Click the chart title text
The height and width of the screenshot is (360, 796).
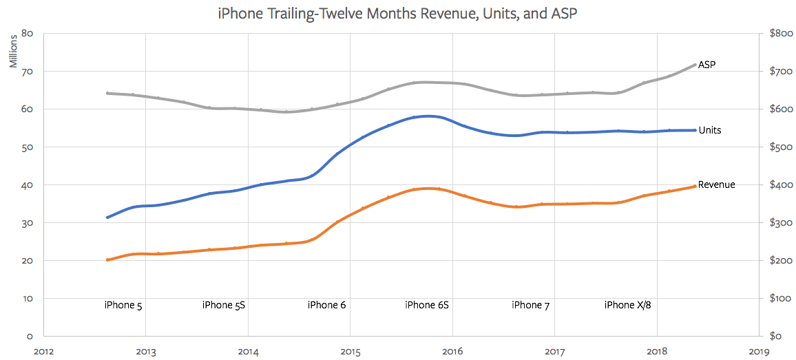[x=397, y=12]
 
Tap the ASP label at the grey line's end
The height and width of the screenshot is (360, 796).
[x=707, y=65]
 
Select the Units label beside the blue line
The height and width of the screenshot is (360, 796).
[x=710, y=130]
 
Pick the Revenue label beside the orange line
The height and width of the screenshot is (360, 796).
[x=716, y=184]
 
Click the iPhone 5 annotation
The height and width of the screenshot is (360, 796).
[x=123, y=305]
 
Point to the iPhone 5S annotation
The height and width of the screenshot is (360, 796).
[x=224, y=305]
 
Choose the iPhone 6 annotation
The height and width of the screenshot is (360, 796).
[x=326, y=305]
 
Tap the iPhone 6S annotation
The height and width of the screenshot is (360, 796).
[x=427, y=305]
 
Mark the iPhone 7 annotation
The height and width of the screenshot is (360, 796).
[x=530, y=305]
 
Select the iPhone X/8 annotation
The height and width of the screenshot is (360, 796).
[x=627, y=305]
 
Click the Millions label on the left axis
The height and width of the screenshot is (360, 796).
[x=13, y=51]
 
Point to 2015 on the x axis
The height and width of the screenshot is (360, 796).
[x=350, y=352]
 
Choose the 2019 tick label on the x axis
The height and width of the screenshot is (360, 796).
[x=760, y=352]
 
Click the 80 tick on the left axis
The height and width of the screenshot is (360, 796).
[x=28, y=33]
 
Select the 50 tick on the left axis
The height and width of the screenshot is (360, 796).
[x=28, y=147]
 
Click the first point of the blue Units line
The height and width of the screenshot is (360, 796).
[x=107, y=218]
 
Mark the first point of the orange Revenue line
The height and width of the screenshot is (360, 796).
[x=107, y=260]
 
